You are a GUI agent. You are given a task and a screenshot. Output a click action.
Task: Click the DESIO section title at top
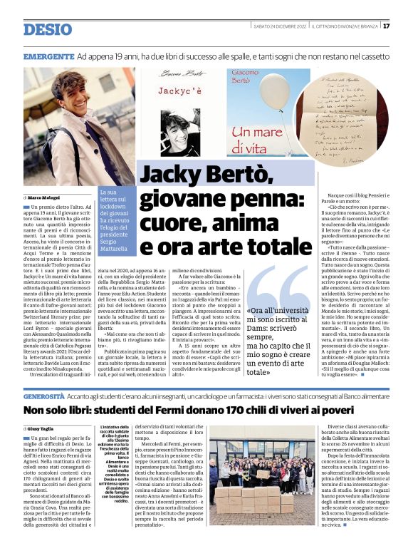48,29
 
